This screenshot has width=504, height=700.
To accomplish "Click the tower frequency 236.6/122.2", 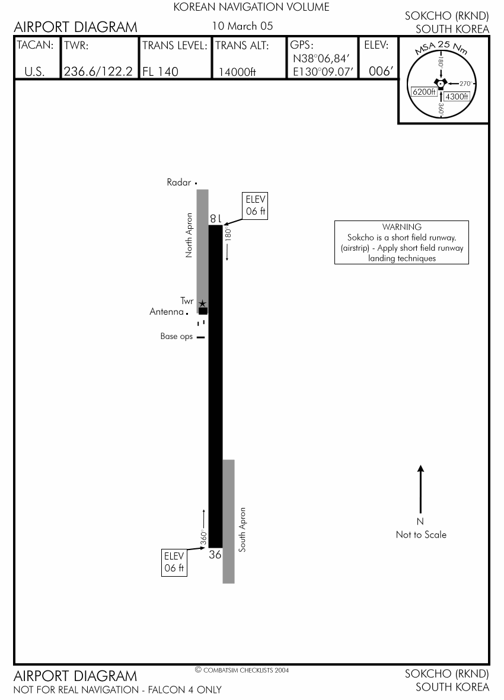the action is (98, 72).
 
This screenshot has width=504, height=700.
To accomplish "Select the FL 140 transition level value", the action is (160, 72).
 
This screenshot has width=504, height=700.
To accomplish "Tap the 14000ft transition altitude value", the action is (237, 72).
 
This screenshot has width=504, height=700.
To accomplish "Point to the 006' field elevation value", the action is (381, 72).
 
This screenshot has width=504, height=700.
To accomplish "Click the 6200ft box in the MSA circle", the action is (423, 92).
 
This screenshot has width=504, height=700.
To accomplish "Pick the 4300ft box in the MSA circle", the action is (457, 97).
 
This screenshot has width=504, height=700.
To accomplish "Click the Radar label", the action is (178, 182).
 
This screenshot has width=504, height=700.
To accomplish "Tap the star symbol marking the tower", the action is (203, 303).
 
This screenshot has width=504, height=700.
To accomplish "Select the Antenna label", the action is (167, 312).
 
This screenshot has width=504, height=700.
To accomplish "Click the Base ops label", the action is (176, 336).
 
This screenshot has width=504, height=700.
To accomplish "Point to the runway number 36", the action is (215, 554).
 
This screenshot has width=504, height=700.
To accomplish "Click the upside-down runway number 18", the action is (216, 218).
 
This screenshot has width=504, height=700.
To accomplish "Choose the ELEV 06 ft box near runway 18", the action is (256, 205).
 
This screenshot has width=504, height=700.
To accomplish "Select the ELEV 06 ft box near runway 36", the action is (174, 562).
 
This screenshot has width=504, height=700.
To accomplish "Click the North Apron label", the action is (189, 235).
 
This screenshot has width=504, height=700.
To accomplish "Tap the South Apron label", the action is (243, 529).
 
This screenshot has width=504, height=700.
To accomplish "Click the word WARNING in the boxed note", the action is (402, 227).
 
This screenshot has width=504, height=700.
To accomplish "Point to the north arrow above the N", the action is (420, 489).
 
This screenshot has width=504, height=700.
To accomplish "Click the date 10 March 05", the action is (243, 26).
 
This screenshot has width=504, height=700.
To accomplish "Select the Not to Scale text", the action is (421, 535).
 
